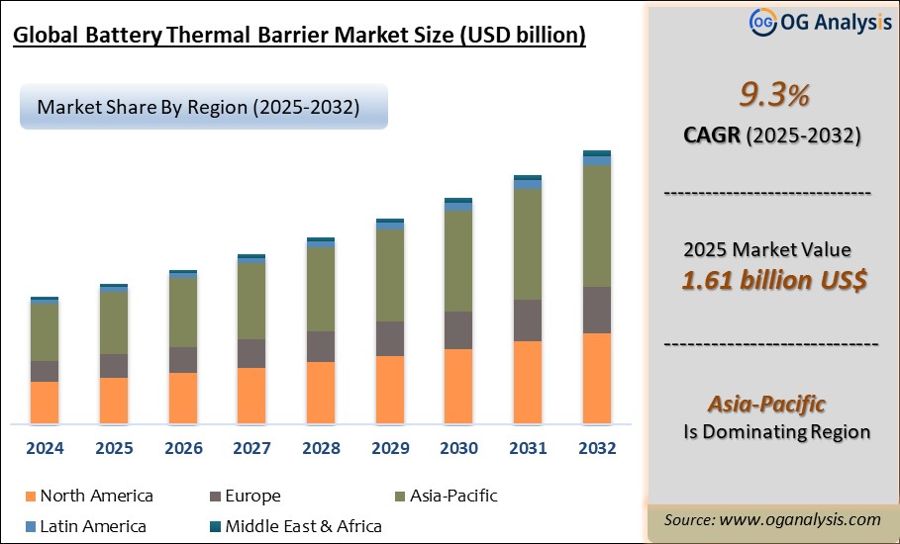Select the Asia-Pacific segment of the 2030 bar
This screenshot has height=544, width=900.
coord(458,261)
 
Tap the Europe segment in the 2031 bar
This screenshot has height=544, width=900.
coord(528,320)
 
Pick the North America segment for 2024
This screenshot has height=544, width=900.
coord(45,402)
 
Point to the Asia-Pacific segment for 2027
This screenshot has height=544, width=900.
coord(251,301)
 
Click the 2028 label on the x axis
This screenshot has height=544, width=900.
coord(321,448)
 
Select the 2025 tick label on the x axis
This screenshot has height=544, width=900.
coord(114,448)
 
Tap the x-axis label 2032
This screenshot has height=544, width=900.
coord(596,448)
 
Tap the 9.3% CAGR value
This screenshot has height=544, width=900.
coord(774,96)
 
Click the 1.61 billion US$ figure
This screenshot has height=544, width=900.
coord(774,280)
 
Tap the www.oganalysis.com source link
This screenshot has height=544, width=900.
coord(800,519)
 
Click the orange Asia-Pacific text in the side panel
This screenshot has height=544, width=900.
coord(766,404)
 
